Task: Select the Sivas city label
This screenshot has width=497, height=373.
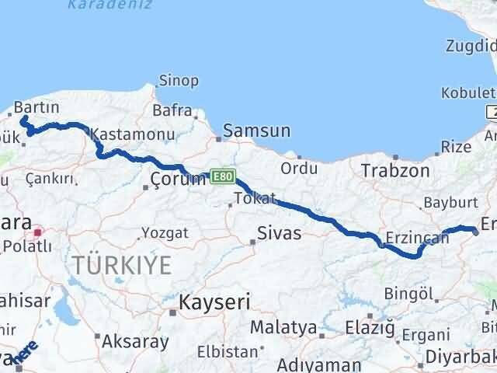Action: pos(279,232)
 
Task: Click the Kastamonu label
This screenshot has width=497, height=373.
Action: pos(128,134)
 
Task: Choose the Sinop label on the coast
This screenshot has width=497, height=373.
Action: pos(179,80)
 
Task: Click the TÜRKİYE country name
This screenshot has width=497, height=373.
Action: pos(123,266)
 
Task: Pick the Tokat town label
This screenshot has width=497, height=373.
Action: pos(256,199)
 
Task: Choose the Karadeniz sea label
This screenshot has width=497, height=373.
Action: pos(100,5)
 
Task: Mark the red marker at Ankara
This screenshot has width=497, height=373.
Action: pos(36,232)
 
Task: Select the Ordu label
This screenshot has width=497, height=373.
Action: pos(299,168)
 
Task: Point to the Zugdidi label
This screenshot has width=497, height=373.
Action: pos(471,46)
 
